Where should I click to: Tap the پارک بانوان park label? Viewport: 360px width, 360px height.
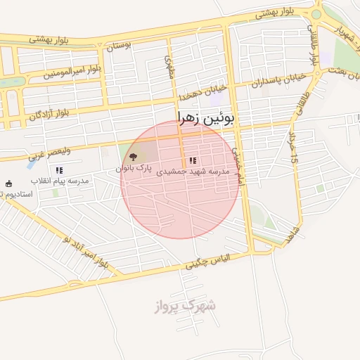coord(134,169)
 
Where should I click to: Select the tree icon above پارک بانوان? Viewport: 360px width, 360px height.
coord(134,157)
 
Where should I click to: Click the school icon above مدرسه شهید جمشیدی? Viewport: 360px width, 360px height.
coord(193,160)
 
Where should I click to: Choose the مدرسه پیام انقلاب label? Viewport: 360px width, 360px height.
coord(60,181)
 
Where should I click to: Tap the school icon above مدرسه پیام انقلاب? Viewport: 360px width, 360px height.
coord(60,170)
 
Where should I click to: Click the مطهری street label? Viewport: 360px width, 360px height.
coord(169,68)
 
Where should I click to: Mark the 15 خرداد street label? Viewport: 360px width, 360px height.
coord(292,141)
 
